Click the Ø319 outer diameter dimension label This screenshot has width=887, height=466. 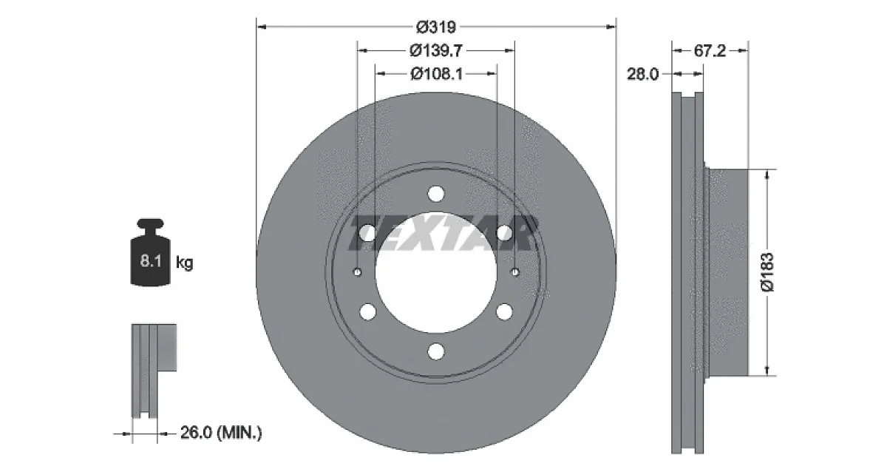point(436,27)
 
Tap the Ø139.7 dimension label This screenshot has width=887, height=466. point(435,50)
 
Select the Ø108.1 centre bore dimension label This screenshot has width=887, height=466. point(436,73)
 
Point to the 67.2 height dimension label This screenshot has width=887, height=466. point(710,51)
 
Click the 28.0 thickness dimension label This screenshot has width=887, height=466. point(642,74)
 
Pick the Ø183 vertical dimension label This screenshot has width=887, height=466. point(767,272)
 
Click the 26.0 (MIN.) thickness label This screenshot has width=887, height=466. point(221,432)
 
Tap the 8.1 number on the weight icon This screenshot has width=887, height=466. point(151,260)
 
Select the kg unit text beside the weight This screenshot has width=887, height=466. point(184,263)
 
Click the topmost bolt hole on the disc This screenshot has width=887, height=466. point(436,194)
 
